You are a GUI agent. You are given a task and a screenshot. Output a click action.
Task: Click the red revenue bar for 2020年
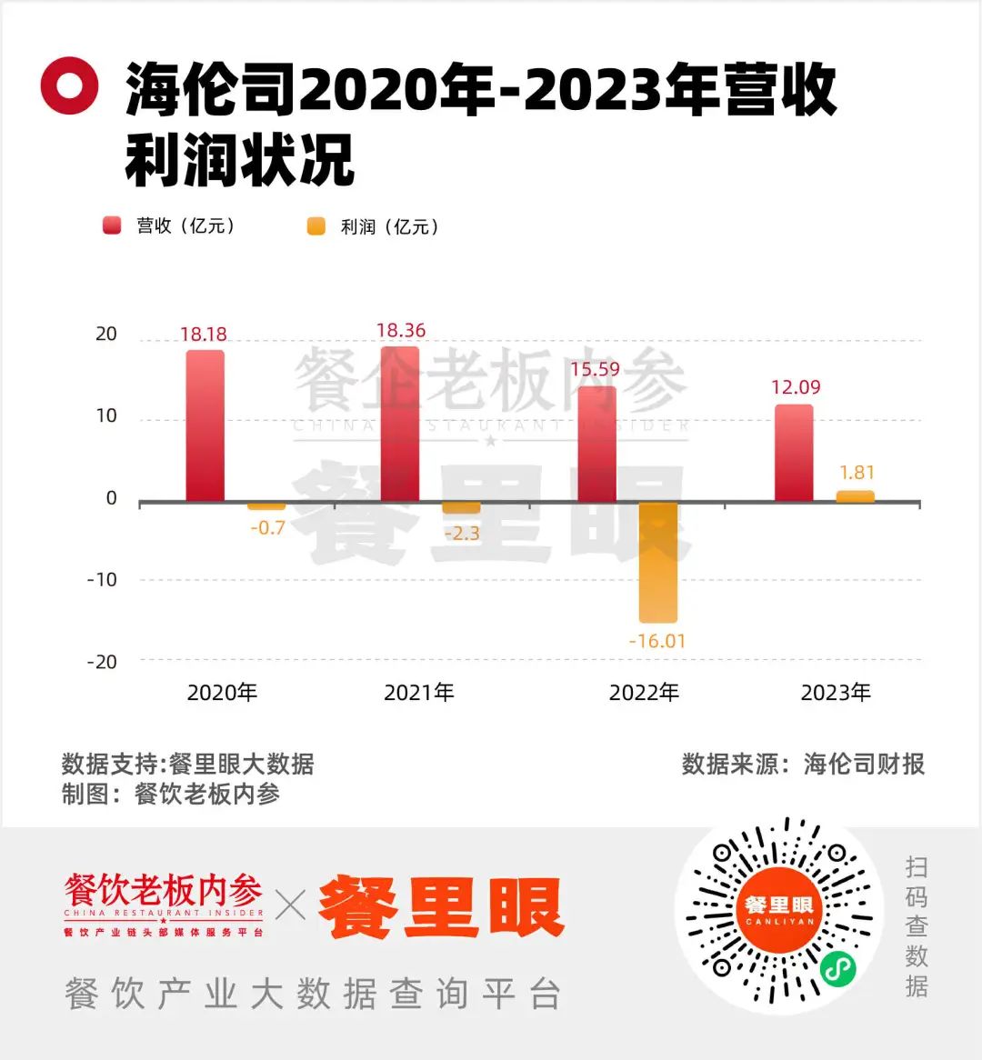tap(205, 425)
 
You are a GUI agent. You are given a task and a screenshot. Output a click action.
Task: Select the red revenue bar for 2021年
tap(400, 424)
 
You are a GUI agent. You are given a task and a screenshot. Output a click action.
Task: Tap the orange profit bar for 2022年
tap(657, 562)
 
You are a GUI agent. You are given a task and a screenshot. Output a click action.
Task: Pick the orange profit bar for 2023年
tap(856, 496)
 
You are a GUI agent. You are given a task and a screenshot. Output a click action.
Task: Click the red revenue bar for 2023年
tap(794, 453)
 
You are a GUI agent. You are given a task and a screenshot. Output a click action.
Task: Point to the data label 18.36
tap(401, 330)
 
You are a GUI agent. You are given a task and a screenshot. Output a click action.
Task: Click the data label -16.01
tap(657, 641)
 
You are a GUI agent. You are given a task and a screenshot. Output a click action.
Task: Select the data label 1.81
tap(857, 473)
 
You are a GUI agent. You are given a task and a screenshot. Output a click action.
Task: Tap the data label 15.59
tap(595, 369)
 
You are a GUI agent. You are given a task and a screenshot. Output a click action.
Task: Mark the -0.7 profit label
tap(267, 527)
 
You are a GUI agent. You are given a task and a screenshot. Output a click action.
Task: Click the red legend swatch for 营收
tap(112, 226)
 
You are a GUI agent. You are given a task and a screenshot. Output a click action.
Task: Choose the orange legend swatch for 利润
tap(316, 226)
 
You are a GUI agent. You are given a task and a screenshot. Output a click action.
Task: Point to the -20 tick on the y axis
tap(102, 662)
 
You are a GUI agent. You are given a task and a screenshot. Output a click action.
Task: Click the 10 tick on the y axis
tap(106, 416)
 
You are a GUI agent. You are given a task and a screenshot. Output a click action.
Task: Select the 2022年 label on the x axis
tap(644, 693)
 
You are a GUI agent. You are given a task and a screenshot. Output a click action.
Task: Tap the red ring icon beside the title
tap(69, 85)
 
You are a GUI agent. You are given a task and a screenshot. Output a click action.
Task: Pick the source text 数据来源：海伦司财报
tap(803, 764)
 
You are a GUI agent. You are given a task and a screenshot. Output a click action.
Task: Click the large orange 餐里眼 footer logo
tap(442, 907)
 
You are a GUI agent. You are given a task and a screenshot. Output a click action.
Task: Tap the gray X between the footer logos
tap(291, 905)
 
